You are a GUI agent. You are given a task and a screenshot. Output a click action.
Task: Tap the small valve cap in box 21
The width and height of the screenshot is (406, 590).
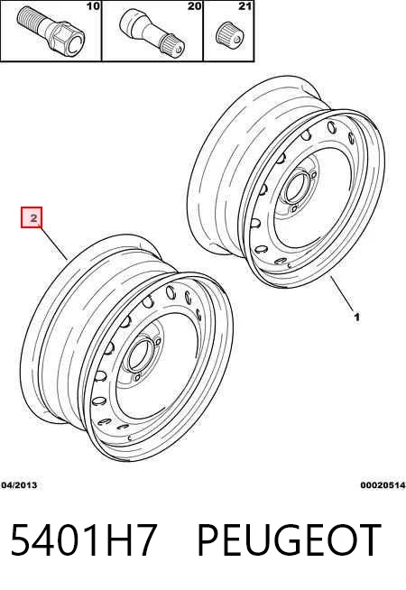pyautogui.click(x=228, y=37)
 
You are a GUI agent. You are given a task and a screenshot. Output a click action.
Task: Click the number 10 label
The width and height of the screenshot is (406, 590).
pyautogui.click(x=93, y=6)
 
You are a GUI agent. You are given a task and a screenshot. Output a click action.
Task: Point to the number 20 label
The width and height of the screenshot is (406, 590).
pyautogui.click(x=195, y=6)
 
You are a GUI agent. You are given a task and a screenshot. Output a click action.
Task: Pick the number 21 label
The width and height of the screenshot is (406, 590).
pyautogui.click(x=245, y=6)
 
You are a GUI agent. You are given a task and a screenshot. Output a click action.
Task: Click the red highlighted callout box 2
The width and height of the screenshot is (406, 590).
pyautogui.click(x=32, y=217)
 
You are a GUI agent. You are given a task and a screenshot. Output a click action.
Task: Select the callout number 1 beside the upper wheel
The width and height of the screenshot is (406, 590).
pyautogui.click(x=356, y=317)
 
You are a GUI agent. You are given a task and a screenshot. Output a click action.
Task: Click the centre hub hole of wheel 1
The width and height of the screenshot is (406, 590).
pyautogui.click(x=294, y=189)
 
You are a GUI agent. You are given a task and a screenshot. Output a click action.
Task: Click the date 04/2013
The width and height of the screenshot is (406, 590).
pyautogui.click(x=19, y=485)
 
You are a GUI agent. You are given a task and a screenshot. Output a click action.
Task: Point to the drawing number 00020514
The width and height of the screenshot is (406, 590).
pyautogui.click(x=383, y=485)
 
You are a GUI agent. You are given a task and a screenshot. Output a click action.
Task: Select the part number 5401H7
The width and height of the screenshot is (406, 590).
pyautogui.click(x=83, y=539)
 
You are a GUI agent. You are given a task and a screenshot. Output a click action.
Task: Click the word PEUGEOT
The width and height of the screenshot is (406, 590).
pyautogui.click(x=289, y=539)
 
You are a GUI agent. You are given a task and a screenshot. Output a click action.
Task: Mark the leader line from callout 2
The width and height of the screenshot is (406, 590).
pyautogui.click(x=52, y=243)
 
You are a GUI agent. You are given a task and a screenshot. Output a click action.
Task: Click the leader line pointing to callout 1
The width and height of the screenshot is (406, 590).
pyautogui.click(x=343, y=293)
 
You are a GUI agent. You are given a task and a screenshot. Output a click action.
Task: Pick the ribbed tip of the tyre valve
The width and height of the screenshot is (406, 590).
pyautogui.click(x=173, y=44)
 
